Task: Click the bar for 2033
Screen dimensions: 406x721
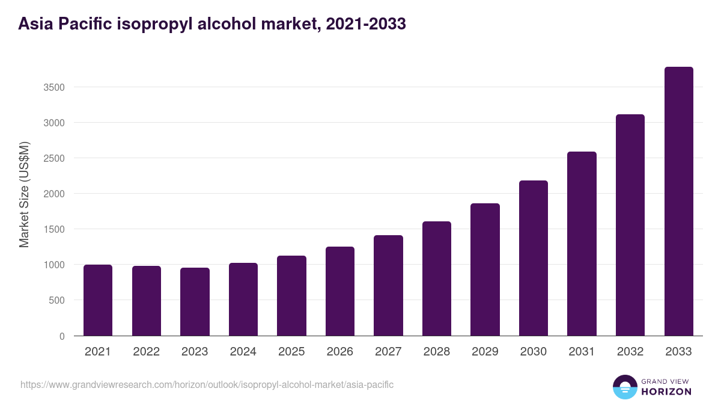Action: coord(678,201)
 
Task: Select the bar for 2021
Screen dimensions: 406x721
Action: coord(98,300)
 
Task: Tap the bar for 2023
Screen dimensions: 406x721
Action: coord(195,302)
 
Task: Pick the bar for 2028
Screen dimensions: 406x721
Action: coord(437,278)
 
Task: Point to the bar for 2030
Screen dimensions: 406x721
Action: coord(534,258)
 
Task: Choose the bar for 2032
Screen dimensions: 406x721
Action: coord(630,225)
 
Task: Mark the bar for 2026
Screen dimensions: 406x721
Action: coord(340,291)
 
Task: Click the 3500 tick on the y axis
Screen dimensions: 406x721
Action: coord(54,87)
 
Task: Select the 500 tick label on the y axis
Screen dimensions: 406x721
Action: coord(56,300)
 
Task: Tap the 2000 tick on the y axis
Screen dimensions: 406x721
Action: coord(54,194)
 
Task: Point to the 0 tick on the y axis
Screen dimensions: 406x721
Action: coord(62,336)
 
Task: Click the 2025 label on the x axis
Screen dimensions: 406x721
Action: coord(291,352)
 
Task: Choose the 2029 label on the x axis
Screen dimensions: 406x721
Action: coord(485,352)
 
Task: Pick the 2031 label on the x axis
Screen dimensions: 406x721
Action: coord(582,352)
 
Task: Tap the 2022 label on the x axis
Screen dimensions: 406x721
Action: coord(146,352)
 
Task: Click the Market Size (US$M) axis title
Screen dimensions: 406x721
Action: coord(25,194)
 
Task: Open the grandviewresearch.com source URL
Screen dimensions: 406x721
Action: coord(207,384)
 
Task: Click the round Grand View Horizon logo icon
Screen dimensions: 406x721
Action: coord(624,387)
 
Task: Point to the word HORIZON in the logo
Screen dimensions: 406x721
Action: coord(666,392)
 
